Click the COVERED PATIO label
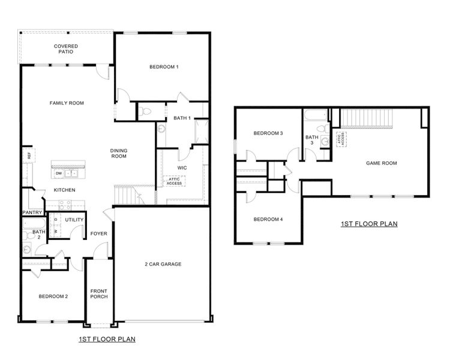click(66, 49)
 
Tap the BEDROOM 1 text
click(164, 67)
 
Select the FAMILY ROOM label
click(66, 103)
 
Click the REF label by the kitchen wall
click(28, 155)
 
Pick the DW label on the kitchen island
click(59, 173)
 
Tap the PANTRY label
click(31, 212)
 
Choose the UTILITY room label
click(74, 220)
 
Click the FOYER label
click(98, 234)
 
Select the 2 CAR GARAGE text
click(163, 264)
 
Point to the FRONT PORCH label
click(98, 294)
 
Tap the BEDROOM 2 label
click(53, 296)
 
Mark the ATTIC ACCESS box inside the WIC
click(174, 181)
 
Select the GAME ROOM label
click(382, 163)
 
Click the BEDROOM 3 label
click(268, 133)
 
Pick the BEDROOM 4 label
click(268, 220)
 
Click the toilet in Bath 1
click(146, 110)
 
